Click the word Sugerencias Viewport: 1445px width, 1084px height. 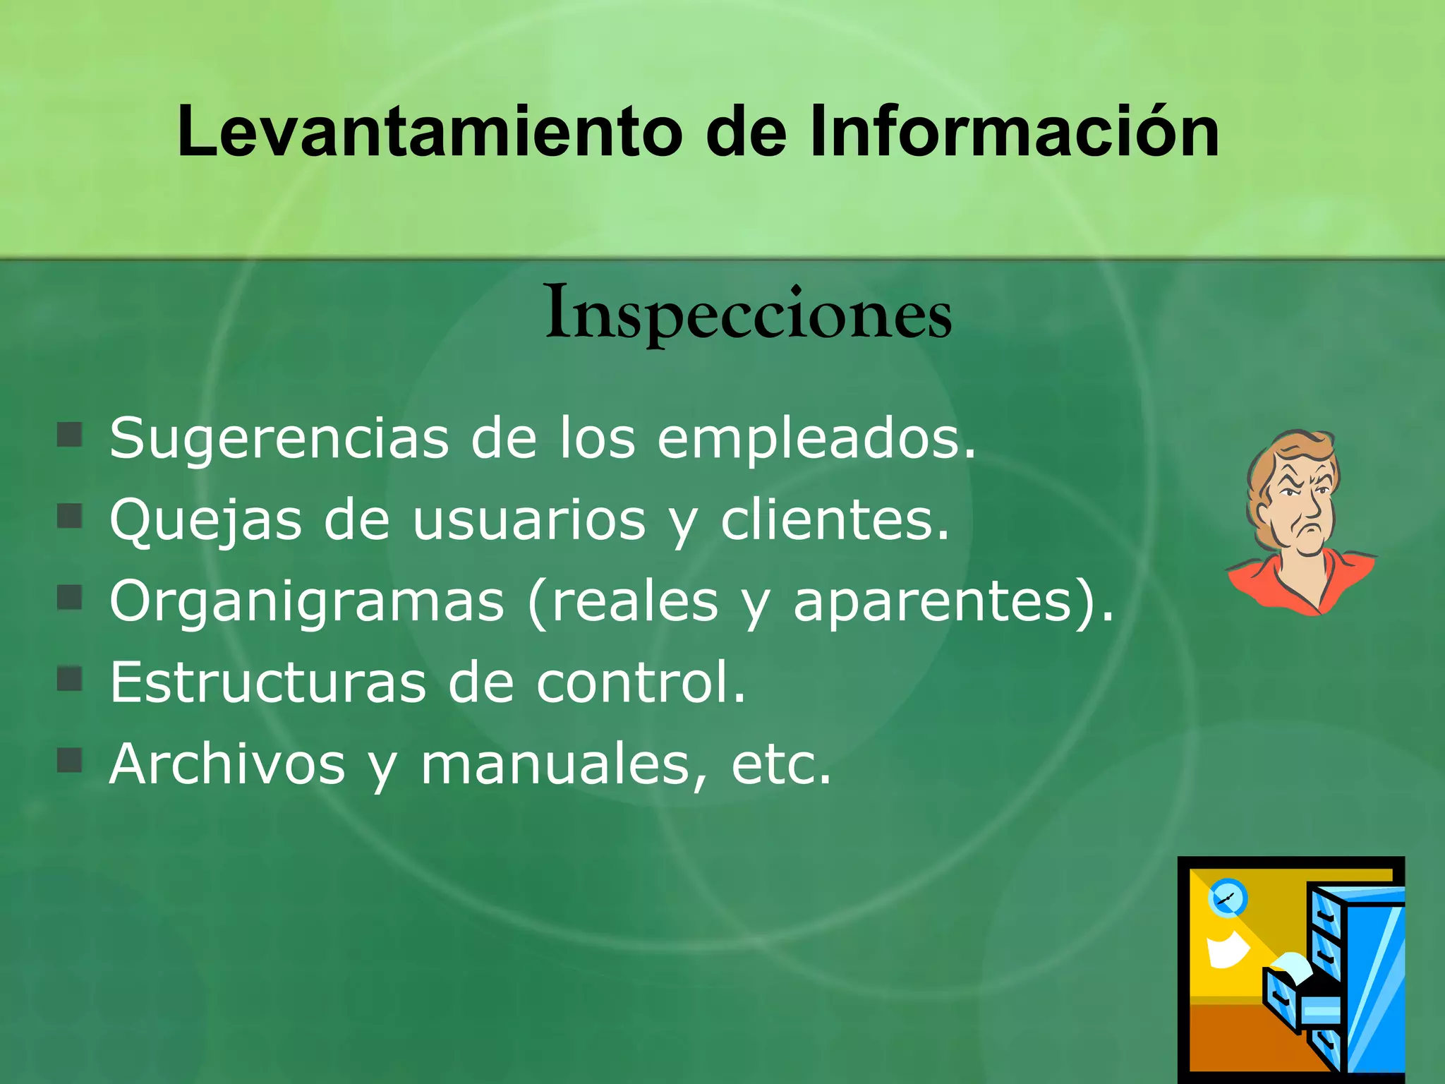pos(279,439)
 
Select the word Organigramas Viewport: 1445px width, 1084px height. pos(308,602)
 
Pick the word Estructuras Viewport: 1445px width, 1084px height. pos(268,682)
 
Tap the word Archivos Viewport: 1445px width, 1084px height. pos(227,764)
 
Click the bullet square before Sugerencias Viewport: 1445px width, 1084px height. pos(70,435)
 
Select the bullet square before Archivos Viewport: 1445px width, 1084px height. pos(70,761)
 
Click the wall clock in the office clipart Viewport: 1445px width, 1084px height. pos(1228,898)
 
